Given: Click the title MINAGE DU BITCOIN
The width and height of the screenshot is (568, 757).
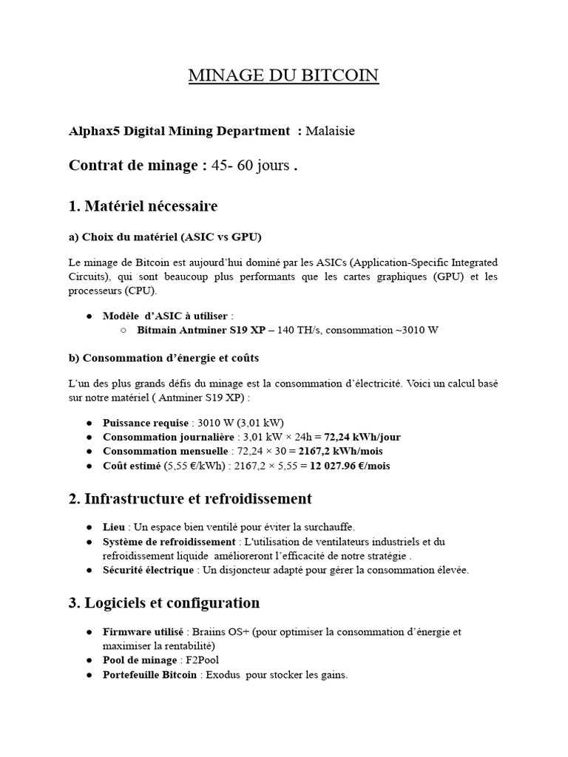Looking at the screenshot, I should [x=283, y=75].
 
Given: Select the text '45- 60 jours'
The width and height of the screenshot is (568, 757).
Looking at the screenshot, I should [x=251, y=166].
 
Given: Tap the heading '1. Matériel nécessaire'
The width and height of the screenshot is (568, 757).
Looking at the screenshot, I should [x=143, y=205].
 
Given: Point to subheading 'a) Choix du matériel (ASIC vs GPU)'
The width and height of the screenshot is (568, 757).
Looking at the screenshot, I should [x=165, y=237].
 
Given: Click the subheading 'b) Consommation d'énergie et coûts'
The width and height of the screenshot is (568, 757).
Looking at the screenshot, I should [x=163, y=358].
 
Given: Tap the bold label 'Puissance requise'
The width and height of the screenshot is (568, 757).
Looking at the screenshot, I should [x=146, y=423].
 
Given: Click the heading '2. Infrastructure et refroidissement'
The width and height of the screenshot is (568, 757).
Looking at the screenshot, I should [x=190, y=499].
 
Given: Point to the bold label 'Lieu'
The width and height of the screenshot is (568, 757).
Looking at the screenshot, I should [x=114, y=527].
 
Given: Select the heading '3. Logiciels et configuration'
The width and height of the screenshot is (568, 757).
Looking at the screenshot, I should [x=163, y=603].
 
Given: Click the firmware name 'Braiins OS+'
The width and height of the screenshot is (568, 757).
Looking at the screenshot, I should [x=218, y=632].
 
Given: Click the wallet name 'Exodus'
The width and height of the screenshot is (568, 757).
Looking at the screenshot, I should [x=221, y=675].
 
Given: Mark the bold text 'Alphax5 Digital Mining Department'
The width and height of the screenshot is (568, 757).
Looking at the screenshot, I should [x=179, y=131].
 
